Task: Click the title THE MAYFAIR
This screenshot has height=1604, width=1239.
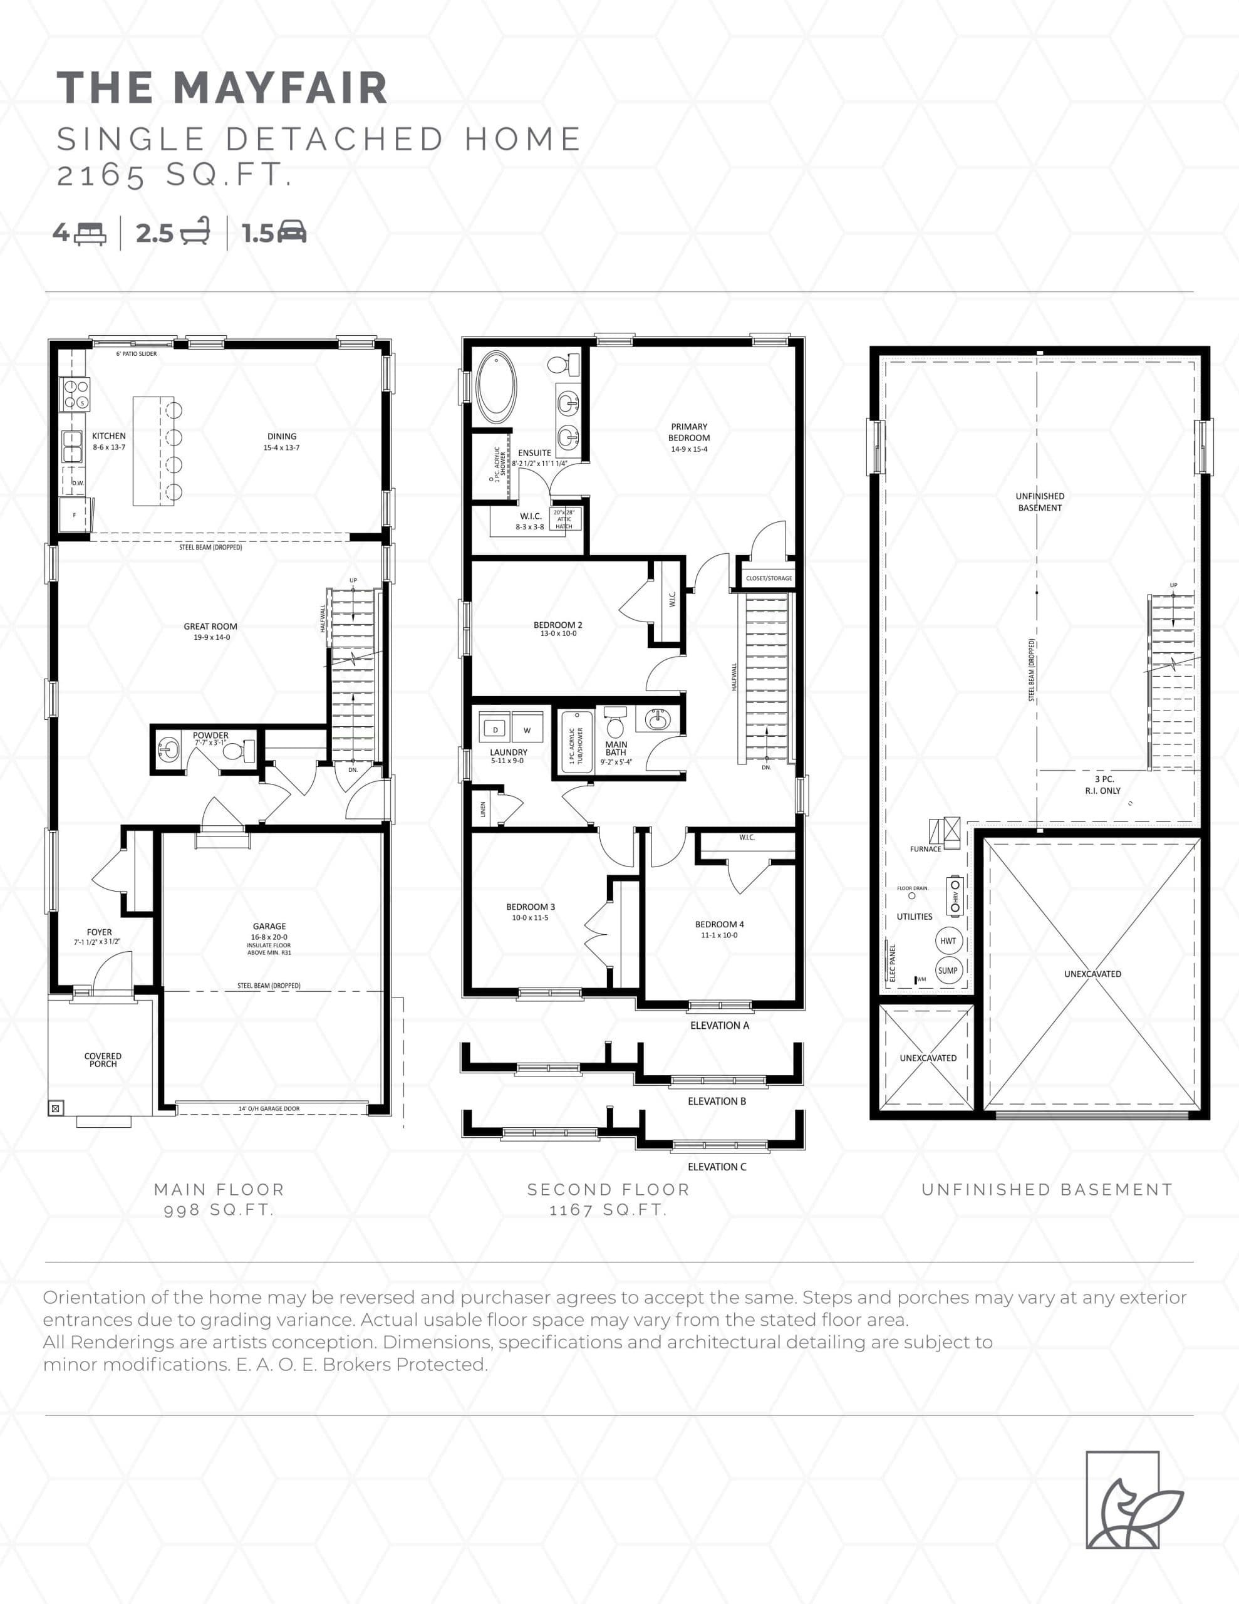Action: pyautogui.click(x=222, y=88)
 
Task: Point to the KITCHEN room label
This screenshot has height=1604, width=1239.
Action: pyautogui.click(x=109, y=436)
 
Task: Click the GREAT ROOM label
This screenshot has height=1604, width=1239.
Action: pyautogui.click(x=211, y=627)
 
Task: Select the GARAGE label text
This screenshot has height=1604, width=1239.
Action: pyautogui.click(x=269, y=927)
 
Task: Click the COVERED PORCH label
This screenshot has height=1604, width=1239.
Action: pyautogui.click(x=103, y=1060)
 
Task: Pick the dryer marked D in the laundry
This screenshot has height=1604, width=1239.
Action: pyautogui.click(x=495, y=729)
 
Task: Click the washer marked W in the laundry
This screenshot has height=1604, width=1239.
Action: pyautogui.click(x=527, y=729)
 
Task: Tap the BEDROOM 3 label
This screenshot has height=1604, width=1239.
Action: pyautogui.click(x=531, y=907)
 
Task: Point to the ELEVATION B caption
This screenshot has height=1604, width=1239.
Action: pyautogui.click(x=717, y=1101)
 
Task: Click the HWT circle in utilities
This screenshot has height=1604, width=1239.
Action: pyautogui.click(x=948, y=941)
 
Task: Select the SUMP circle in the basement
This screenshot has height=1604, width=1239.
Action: pyautogui.click(x=948, y=970)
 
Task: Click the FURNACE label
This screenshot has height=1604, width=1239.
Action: pyautogui.click(x=925, y=849)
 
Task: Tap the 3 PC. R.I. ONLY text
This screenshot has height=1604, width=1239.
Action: pyautogui.click(x=1103, y=784)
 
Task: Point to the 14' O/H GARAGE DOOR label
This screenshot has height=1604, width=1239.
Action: pyautogui.click(x=269, y=1109)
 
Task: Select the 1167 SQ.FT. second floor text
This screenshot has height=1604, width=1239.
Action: pyautogui.click(x=608, y=1211)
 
